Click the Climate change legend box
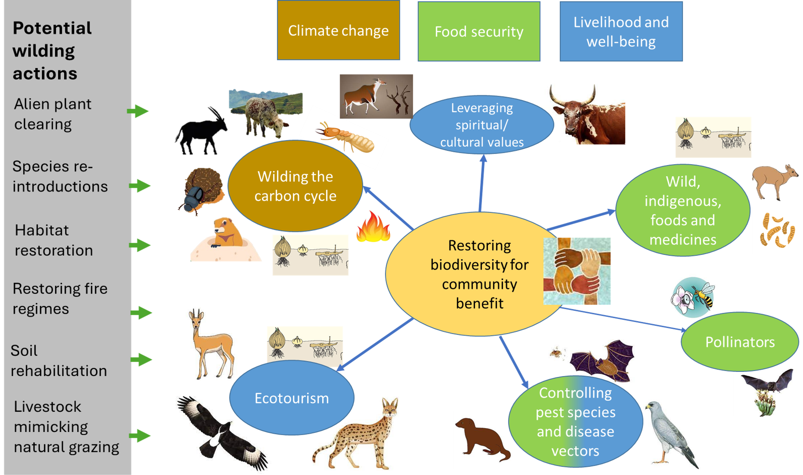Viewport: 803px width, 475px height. coord(338,30)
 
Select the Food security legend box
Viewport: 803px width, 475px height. coord(479,31)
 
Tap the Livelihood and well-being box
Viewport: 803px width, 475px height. coord(621,31)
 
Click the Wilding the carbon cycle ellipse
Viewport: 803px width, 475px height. coord(295,186)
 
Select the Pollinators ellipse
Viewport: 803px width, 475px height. coord(740,342)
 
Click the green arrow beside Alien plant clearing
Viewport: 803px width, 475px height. coord(138,111)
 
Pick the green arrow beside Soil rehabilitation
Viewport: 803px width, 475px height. coord(141,360)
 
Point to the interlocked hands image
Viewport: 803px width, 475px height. coord(577,271)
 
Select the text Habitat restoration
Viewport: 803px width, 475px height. coord(54,240)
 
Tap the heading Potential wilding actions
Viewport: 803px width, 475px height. coord(52,51)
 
